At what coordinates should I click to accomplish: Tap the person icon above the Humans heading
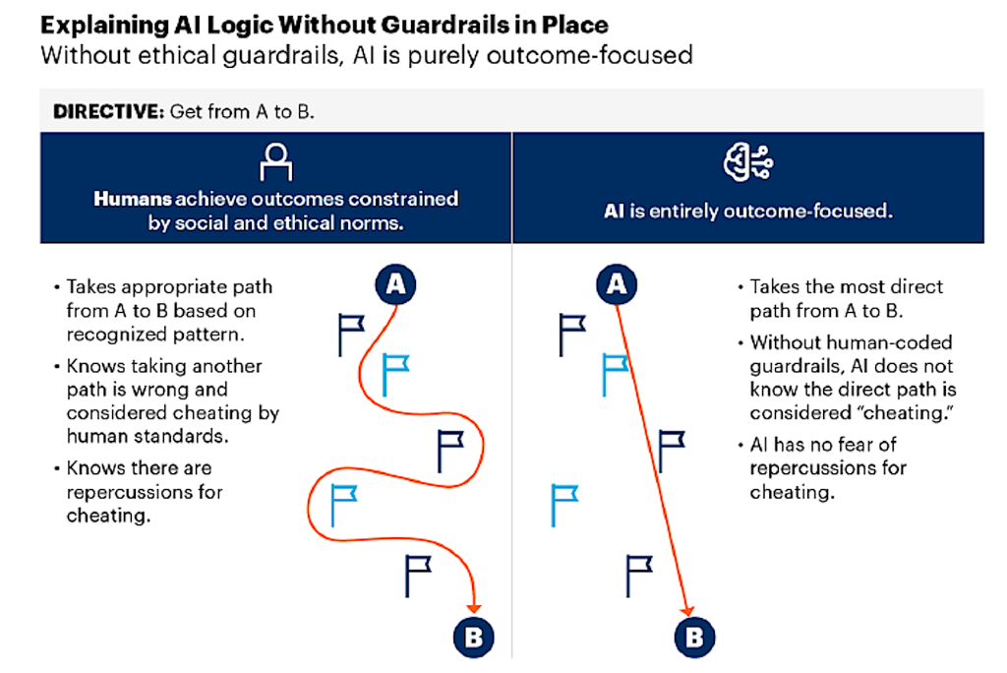(276, 159)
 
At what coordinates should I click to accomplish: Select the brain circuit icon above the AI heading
(747, 160)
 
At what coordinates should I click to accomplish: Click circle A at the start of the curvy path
(395, 284)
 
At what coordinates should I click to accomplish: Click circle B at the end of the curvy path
(473, 636)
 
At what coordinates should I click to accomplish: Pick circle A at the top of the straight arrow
(617, 284)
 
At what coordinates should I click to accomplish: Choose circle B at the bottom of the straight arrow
(694, 636)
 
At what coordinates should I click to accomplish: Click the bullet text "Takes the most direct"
(846, 287)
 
